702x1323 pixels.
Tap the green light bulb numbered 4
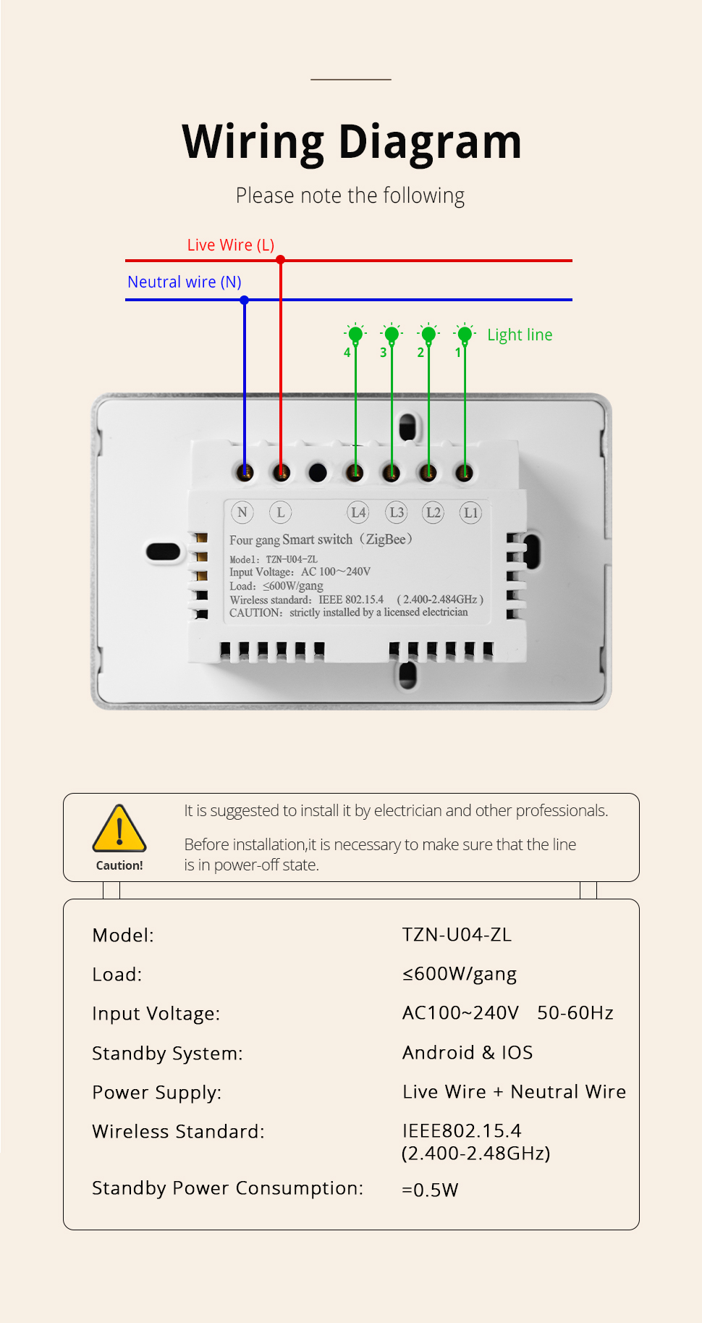coord(355,334)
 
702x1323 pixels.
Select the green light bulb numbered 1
coord(465,334)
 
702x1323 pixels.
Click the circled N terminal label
coord(242,512)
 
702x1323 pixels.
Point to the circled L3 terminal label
coord(397,512)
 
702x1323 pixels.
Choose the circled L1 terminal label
coord(470,512)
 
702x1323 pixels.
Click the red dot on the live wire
coord(281,260)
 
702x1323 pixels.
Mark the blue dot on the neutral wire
coord(245,300)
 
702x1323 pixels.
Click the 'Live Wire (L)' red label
coord(231,245)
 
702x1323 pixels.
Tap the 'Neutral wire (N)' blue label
coord(185,282)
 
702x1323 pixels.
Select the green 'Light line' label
coord(520,335)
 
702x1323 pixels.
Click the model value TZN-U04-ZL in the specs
coord(457,935)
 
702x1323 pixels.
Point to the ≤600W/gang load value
coord(460,975)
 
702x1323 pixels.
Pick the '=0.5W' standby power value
coord(430,1190)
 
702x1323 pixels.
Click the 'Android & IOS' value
coord(468,1052)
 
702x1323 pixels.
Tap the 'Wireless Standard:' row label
coord(178,1131)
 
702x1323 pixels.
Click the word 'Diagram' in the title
coord(430,142)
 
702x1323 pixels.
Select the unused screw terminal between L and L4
coord(318,473)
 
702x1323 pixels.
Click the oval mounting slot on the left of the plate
coord(163,552)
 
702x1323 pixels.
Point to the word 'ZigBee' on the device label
coord(386,539)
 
